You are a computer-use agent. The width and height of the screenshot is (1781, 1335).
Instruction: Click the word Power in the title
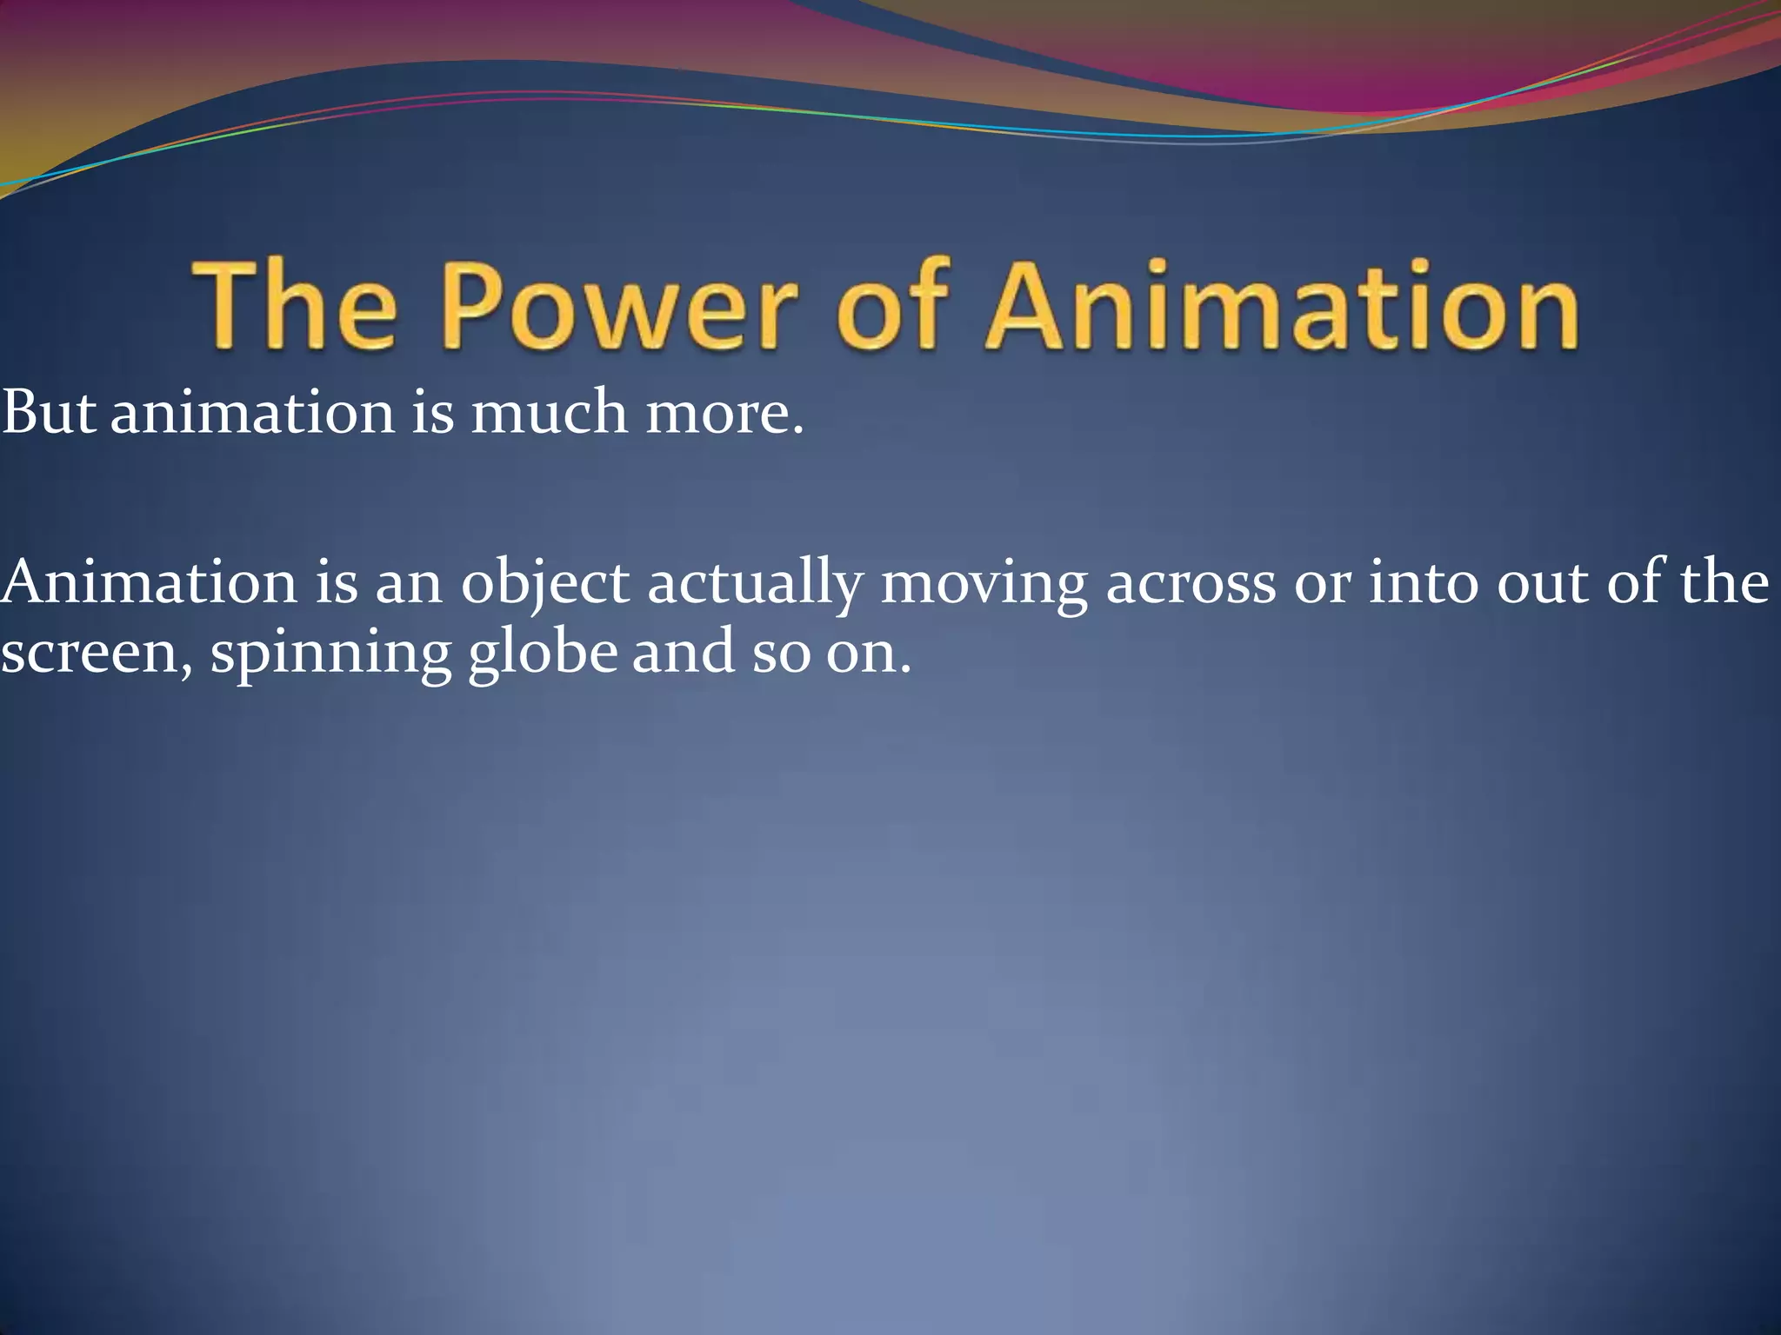click(x=619, y=305)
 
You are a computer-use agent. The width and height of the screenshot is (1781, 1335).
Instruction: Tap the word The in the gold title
click(x=294, y=305)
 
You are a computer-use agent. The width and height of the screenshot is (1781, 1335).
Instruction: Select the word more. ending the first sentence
click(x=724, y=413)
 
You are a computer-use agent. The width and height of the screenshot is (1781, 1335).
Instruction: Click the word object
click(x=545, y=585)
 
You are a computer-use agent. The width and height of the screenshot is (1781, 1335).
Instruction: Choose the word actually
click(x=755, y=585)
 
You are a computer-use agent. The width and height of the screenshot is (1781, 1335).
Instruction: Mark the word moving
click(x=984, y=585)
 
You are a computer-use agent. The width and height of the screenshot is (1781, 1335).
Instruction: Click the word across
click(x=1191, y=585)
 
